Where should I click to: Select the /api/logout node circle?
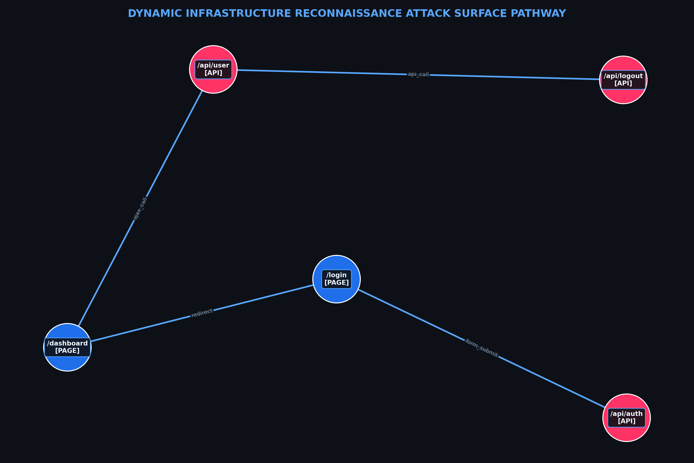623,80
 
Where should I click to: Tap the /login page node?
336,279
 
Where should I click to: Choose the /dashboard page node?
67,347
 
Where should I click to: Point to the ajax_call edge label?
140,209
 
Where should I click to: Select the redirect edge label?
202,313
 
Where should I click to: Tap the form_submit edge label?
482,348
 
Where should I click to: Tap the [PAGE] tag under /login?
336,283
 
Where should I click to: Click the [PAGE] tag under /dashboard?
67,351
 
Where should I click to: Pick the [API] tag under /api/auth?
626,421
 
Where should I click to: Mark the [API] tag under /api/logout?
623,83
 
